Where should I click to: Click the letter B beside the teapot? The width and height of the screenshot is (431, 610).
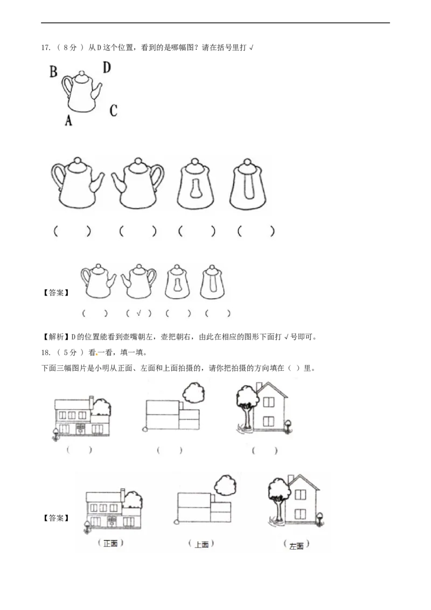coord(54,72)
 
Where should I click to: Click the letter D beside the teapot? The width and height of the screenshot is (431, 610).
coord(107,68)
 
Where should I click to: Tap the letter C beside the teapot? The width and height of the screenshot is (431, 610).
coord(113,110)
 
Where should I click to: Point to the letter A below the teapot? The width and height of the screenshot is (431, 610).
coord(68,120)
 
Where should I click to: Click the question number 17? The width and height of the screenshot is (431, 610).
coord(45,48)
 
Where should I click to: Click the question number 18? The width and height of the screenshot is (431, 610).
coord(45,353)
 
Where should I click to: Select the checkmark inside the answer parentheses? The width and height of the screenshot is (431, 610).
coord(139,313)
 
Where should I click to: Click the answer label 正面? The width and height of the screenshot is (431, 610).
coord(110,544)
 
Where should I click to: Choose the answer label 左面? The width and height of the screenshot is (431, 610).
coord(296,546)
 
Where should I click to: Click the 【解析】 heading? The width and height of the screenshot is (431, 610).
coord(56,337)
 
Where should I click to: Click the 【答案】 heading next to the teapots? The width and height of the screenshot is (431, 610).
coord(56,293)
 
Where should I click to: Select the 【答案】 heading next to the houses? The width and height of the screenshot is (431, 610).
coord(56,518)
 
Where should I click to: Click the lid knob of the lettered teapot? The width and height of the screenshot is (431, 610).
coord(82,73)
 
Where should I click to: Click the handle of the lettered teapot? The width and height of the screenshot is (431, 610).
coord(66,86)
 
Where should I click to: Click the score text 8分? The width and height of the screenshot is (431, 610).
coord(70,48)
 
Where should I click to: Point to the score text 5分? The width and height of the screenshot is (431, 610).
coord(70,353)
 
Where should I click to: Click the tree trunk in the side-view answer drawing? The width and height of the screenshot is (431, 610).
coord(279,508)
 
